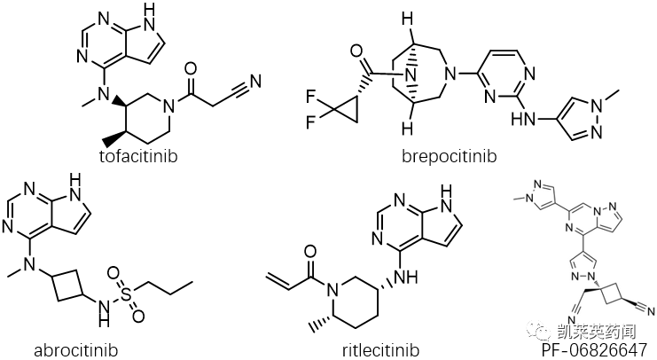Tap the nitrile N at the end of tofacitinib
pyautogui.click(x=257, y=82)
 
